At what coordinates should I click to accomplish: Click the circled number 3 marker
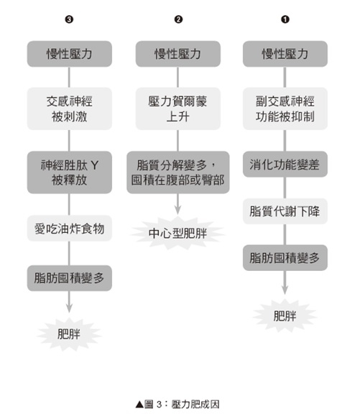click(69, 19)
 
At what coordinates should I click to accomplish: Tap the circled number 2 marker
click(178, 19)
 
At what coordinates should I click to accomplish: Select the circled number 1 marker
click(285, 19)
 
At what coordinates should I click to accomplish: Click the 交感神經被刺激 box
click(70, 109)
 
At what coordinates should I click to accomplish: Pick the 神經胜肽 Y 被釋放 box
click(70, 172)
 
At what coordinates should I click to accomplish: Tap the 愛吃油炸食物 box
click(70, 229)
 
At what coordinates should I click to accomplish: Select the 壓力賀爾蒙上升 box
click(178, 109)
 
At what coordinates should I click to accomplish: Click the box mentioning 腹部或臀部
click(178, 172)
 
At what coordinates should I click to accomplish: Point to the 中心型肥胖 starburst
click(178, 234)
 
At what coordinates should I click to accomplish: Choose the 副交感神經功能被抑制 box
click(285, 109)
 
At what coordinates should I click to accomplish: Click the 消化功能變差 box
click(285, 164)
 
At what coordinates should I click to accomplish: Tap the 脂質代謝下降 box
click(285, 211)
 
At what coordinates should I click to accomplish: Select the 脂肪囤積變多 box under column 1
click(285, 257)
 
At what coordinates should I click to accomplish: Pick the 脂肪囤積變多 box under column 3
click(70, 278)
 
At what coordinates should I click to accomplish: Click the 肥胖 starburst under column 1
click(285, 316)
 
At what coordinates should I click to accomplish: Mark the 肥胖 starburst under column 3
click(69, 334)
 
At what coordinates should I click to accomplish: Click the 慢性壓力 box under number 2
click(178, 54)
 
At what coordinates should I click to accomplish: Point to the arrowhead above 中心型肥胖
click(178, 210)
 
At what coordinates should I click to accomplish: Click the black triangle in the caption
click(140, 405)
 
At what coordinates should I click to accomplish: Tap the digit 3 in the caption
click(160, 405)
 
